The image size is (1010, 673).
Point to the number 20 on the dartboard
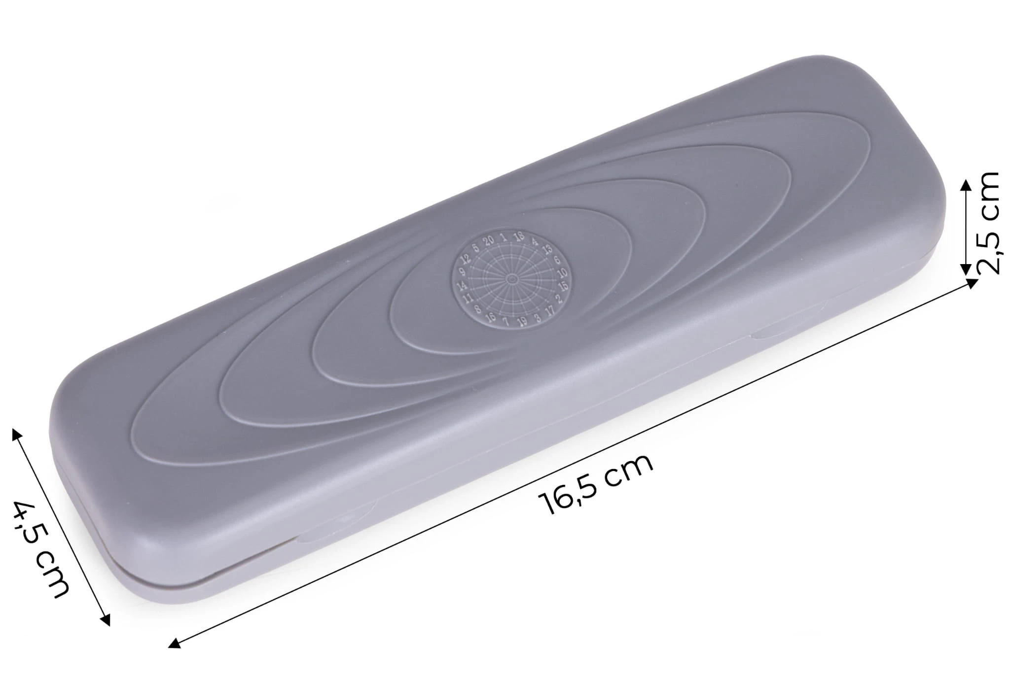(488, 241)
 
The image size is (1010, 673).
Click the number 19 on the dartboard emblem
(522, 321)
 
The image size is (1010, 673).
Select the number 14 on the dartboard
(462, 286)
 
